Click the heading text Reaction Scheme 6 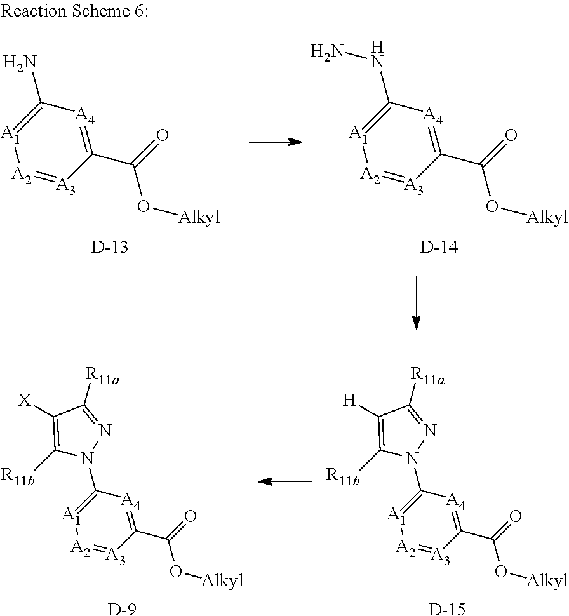tap(75, 13)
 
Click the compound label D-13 tap(109, 248)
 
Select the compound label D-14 tap(439, 248)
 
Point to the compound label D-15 tap(446, 609)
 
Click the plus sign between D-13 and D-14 tap(234, 143)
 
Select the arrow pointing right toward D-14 tap(274, 143)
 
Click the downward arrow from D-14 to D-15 tap(416, 303)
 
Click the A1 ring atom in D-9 tap(70, 516)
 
